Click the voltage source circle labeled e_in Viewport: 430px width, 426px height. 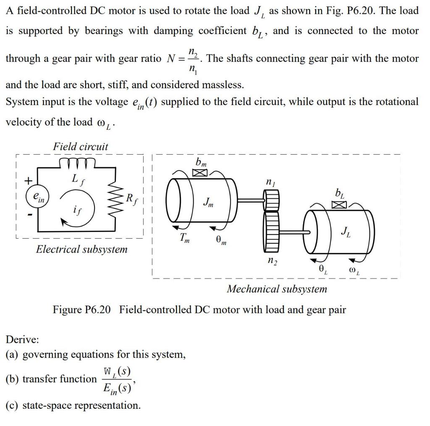38,198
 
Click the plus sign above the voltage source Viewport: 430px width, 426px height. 28,181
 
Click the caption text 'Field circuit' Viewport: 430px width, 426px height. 80,147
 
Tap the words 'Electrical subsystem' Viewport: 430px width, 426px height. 81,249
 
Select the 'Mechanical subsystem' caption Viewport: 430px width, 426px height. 277,289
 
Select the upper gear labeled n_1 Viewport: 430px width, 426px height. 271,200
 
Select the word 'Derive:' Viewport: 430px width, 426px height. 22,339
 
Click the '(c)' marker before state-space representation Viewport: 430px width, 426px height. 12,405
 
